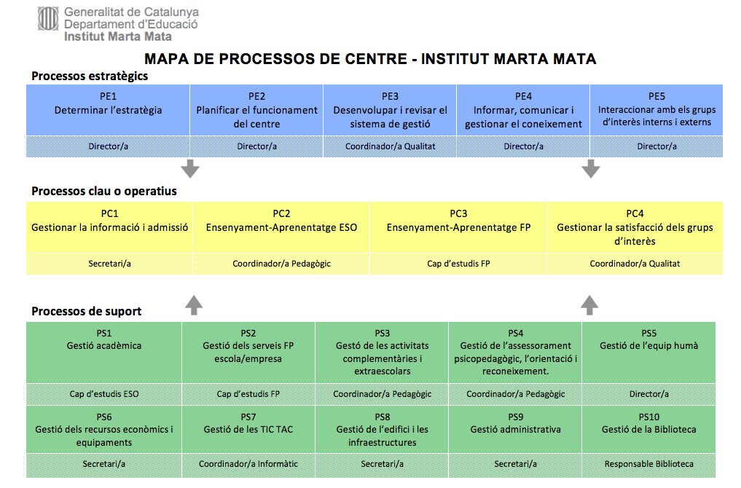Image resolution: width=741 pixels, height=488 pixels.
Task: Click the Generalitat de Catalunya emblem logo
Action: point(48,20)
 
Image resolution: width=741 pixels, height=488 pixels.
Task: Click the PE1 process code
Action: point(109,96)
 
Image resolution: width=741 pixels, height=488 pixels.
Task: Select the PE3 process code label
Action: point(390,96)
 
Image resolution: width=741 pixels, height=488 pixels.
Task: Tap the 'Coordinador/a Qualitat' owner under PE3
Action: point(390,146)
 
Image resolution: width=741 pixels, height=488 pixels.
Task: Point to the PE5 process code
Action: point(656,96)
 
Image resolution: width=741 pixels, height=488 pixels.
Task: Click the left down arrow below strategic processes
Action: point(190,168)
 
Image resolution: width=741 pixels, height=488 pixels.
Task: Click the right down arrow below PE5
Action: point(591,168)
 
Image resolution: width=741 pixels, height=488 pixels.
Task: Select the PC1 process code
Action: point(110,213)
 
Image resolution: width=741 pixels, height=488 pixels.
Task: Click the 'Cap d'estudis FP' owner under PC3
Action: point(458,264)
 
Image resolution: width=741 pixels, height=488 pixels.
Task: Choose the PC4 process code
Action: point(635,213)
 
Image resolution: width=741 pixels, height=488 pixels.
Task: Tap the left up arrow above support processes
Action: point(193,304)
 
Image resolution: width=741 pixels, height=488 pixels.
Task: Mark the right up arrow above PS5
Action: point(590,304)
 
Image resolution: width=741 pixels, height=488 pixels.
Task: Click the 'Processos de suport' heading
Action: point(86,312)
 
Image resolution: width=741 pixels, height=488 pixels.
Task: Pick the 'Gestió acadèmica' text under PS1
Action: point(104,346)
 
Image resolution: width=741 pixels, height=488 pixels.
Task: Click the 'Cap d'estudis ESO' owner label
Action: point(104,394)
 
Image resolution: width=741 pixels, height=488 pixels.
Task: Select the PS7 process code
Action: point(248,417)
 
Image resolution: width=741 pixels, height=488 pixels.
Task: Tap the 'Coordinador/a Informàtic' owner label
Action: point(248,464)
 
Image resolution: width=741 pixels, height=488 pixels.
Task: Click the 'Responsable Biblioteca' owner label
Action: point(648,464)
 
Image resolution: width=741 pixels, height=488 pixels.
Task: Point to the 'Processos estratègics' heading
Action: point(90,76)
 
